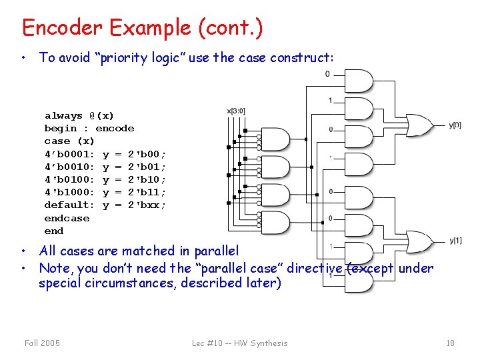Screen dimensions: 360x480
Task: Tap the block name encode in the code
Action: pyautogui.click(x=115, y=128)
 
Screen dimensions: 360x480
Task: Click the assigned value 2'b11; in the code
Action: pyautogui.click(x=147, y=192)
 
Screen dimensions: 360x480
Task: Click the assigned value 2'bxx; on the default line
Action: pyautogui.click(x=147, y=205)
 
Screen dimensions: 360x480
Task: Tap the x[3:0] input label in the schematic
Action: pyautogui.click(x=236, y=111)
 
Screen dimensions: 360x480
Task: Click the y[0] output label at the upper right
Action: pyautogui.click(x=455, y=125)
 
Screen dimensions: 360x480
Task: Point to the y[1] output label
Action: pyautogui.click(x=455, y=241)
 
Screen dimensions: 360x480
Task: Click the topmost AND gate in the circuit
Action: pyautogui.click(x=357, y=81)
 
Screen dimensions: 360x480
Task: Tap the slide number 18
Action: pyautogui.click(x=450, y=343)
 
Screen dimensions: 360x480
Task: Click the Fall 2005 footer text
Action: pyautogui.click(x=42, y=343)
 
